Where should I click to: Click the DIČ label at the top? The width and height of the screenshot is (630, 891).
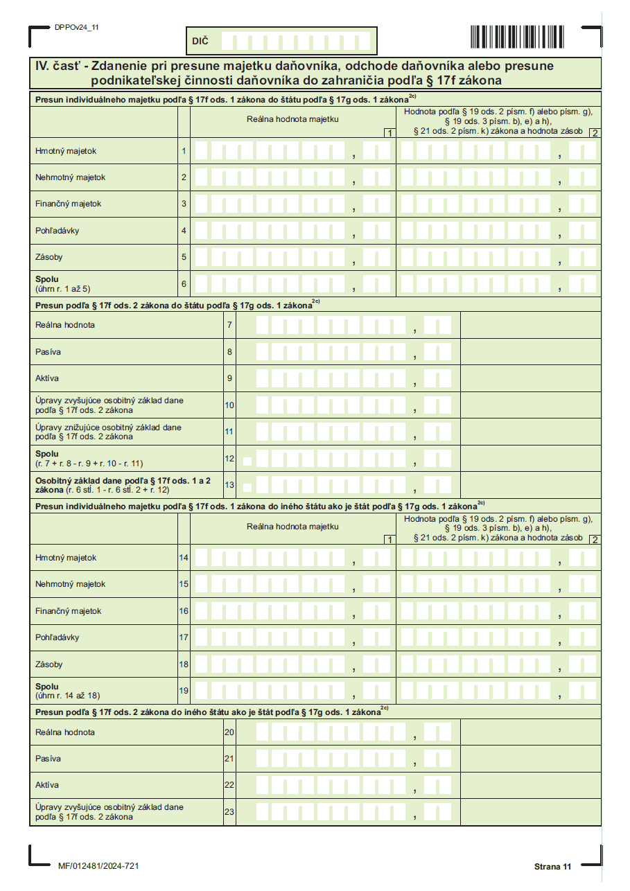[200, 42]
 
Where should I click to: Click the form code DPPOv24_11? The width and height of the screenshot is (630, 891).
[76, 27]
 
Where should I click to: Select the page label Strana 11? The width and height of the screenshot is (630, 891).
[552, 867]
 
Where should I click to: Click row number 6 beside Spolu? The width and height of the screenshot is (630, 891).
[184, 283]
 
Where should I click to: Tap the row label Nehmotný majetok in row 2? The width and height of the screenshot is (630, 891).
[71, 177]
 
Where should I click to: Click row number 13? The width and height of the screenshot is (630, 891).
[229, 485]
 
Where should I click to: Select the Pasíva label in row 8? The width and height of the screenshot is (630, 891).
[48, 352]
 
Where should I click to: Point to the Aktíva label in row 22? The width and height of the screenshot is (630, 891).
[47, 785]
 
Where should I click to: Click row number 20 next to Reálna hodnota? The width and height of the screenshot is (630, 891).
[229, 732]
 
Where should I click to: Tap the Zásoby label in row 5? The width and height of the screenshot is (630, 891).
[49, 257]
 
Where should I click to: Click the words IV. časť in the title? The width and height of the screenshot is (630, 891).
[63, 67]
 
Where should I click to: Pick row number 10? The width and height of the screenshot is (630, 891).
[229, 405]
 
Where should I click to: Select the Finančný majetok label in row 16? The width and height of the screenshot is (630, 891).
[69, 611]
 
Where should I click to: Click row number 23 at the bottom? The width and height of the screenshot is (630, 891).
[229, 812]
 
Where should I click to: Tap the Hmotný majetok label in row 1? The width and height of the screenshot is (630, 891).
[66, 150]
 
